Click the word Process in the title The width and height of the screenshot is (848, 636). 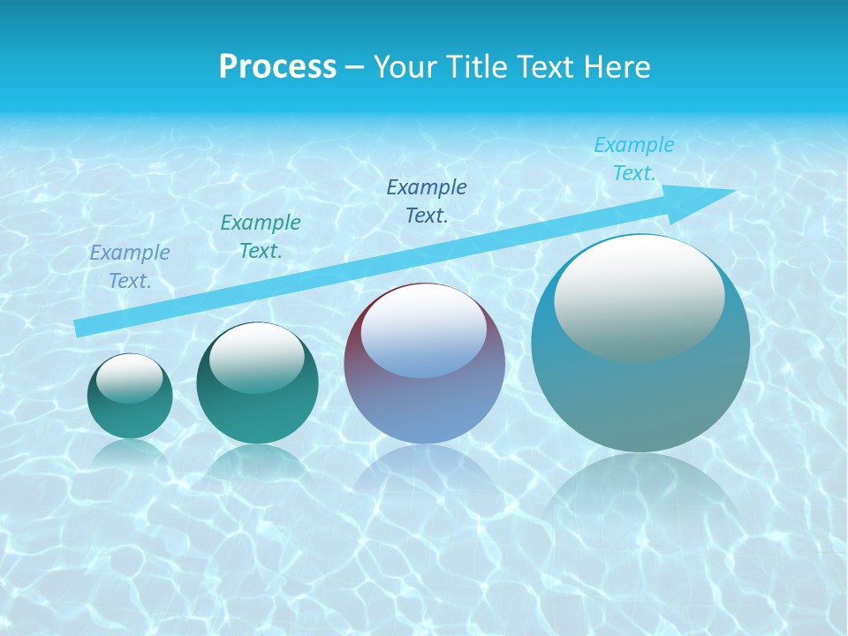pyautogui.click(x=277, y=67)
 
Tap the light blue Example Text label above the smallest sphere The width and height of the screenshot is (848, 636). pyautogui.click(x=130, y=267)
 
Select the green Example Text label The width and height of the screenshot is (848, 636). pyautogui.click(x=261, y=237)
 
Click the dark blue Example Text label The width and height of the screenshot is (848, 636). pyautogui.click(x=427, y=201)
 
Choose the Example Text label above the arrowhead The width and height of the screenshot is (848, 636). pyautogui.click(x=633, y=159)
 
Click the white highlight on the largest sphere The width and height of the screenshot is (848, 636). pyautogui.click(x=639, y=296)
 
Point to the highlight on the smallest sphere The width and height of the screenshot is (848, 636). pyautogui.click(x=130, y=378)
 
